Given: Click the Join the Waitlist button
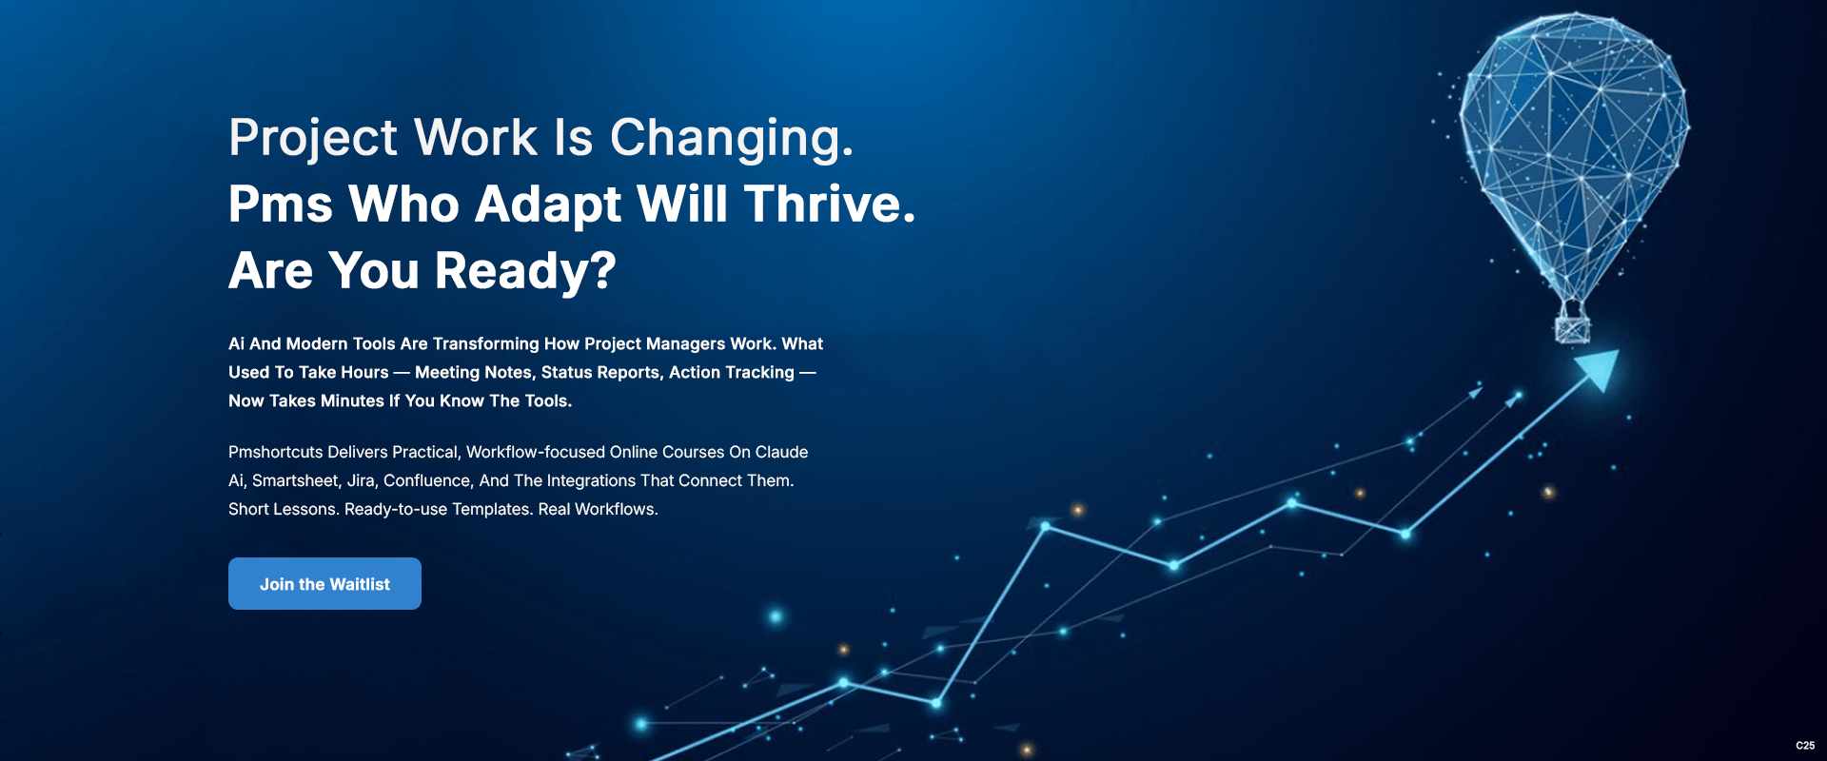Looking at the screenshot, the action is click(324, 583).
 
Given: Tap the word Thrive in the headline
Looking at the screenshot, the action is click(829, 204).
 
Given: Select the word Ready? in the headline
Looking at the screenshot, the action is click(525, 272).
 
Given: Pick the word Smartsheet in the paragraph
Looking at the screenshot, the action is click(295, 481).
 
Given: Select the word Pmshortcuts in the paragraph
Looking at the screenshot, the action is click(276, 452).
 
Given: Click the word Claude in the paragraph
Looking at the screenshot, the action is click(781, 452).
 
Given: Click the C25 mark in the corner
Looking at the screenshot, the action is click(1805, 746).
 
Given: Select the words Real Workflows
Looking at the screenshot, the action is click(598, 510).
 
